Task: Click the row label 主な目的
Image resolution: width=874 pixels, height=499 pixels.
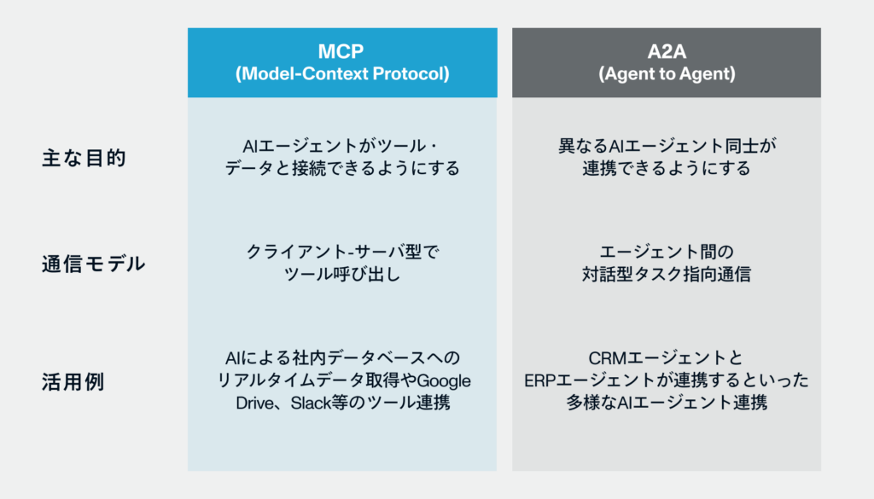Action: (84, 158)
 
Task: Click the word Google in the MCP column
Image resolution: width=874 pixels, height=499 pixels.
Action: (443, 380)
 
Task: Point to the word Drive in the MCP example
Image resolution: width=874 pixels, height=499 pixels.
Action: (254, 402)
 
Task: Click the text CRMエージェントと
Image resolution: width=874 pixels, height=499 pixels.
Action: (666, 357)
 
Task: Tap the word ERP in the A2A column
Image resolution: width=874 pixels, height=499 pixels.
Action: (541, 380)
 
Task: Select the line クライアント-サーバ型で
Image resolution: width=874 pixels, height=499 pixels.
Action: (341, 252)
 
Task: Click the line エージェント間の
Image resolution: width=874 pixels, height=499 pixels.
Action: (666, 252)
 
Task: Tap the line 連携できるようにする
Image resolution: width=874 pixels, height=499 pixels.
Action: (666, 168)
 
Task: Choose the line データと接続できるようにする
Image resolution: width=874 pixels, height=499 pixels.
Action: (341, 168)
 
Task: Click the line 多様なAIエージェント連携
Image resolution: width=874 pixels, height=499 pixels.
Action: (666, 402)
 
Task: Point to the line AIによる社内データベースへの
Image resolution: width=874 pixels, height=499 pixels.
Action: (341, 357)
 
